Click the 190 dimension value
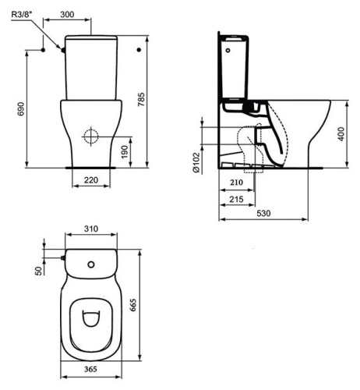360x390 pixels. pyautogui.click(x=122, y=150)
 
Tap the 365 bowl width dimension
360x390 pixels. pyautogui.click(x=91, y=371)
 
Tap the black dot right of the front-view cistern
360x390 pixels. pyautogui.click(x=138, y=50)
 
